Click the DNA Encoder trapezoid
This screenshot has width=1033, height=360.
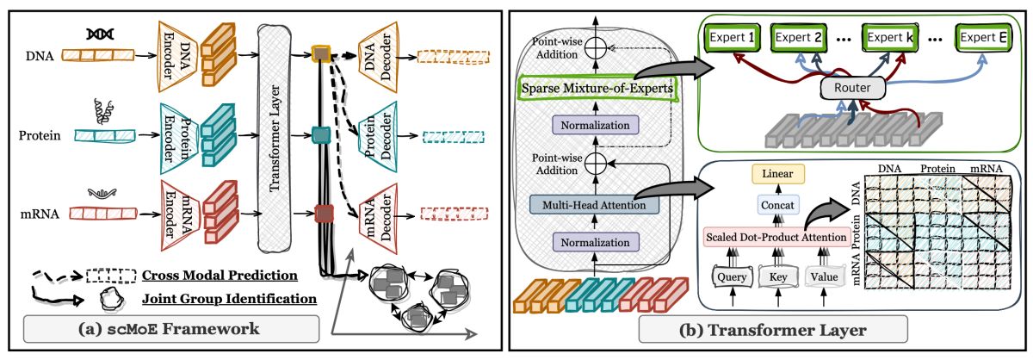178,56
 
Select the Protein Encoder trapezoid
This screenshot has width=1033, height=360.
179,139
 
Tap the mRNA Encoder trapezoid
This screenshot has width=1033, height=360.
180,215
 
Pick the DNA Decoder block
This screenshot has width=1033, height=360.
378,57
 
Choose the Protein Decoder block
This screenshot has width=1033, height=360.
378,137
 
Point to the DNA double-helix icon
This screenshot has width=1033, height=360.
100,34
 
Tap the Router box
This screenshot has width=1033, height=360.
853,88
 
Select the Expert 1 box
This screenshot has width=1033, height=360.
732,37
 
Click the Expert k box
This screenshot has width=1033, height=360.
889,37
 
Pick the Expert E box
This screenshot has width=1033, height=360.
983,37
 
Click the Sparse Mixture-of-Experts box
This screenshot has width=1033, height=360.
597,88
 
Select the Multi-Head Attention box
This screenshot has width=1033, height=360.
594,205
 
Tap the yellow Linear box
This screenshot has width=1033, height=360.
777,174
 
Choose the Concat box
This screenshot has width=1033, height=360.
777,205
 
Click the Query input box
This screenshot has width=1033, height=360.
732,276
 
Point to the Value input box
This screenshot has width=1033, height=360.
824,276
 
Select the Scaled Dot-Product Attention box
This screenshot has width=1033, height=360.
776,237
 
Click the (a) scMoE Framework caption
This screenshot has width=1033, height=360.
171,329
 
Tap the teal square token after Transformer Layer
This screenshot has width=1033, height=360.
321,135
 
